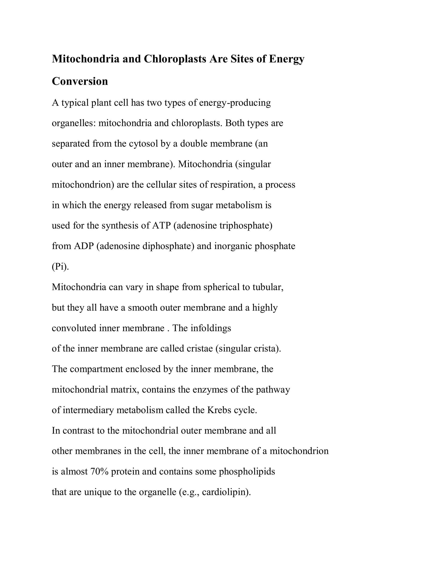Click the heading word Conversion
tap(80, 81)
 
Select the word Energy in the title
tap(286, 59)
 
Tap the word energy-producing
tap(235, 103)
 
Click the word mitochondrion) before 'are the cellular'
tap(83, 185)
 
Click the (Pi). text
tap(60, 266)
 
